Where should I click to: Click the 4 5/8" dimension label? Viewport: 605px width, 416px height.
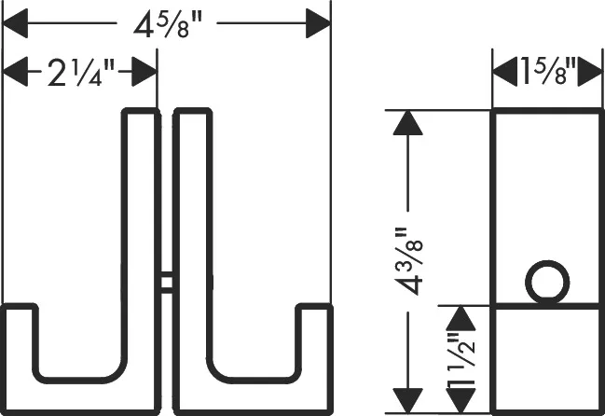coord(168,25)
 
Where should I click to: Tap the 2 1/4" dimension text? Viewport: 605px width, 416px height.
coord(81,73)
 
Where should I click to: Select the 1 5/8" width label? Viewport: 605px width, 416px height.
coord(548,71)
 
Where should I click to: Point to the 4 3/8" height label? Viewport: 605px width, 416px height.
coord(409,262)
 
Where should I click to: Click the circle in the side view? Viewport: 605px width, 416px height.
coord(547,282)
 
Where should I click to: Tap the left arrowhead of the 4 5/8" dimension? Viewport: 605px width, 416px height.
coord(16,23)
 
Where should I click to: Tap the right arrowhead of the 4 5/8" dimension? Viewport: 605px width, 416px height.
coord(318,23)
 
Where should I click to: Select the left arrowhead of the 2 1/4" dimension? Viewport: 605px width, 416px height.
coord(16,72)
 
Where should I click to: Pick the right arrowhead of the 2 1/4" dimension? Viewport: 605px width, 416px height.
coord(144,72)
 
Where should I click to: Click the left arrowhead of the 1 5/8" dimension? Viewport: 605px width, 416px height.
coord(505,72)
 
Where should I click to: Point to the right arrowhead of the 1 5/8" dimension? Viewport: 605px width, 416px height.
coord(589,72)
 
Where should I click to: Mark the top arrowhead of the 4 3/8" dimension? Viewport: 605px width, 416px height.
coord(407,123)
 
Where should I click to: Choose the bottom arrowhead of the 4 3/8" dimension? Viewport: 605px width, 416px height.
coord(407,401)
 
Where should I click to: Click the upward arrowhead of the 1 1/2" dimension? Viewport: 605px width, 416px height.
coord(461,318)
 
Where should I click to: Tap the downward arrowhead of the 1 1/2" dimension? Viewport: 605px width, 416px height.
coord(461,401)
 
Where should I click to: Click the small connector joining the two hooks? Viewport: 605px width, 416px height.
coord(167,283)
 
